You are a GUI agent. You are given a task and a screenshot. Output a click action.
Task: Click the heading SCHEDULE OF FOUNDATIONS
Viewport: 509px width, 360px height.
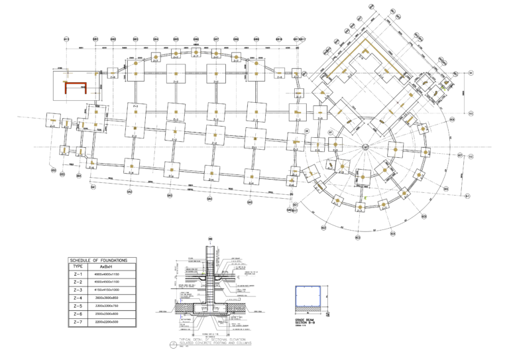[x=103, y=261]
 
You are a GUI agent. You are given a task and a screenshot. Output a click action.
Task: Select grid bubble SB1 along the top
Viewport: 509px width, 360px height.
[x=96, y=39]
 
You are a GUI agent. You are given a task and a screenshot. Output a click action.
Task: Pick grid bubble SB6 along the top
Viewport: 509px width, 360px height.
[x=196, y=39]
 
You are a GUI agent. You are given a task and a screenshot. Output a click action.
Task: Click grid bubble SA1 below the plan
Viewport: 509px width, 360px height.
[x=93, y=187]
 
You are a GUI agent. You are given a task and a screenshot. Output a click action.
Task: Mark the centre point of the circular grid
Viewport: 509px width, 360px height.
[x=365, y=146]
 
